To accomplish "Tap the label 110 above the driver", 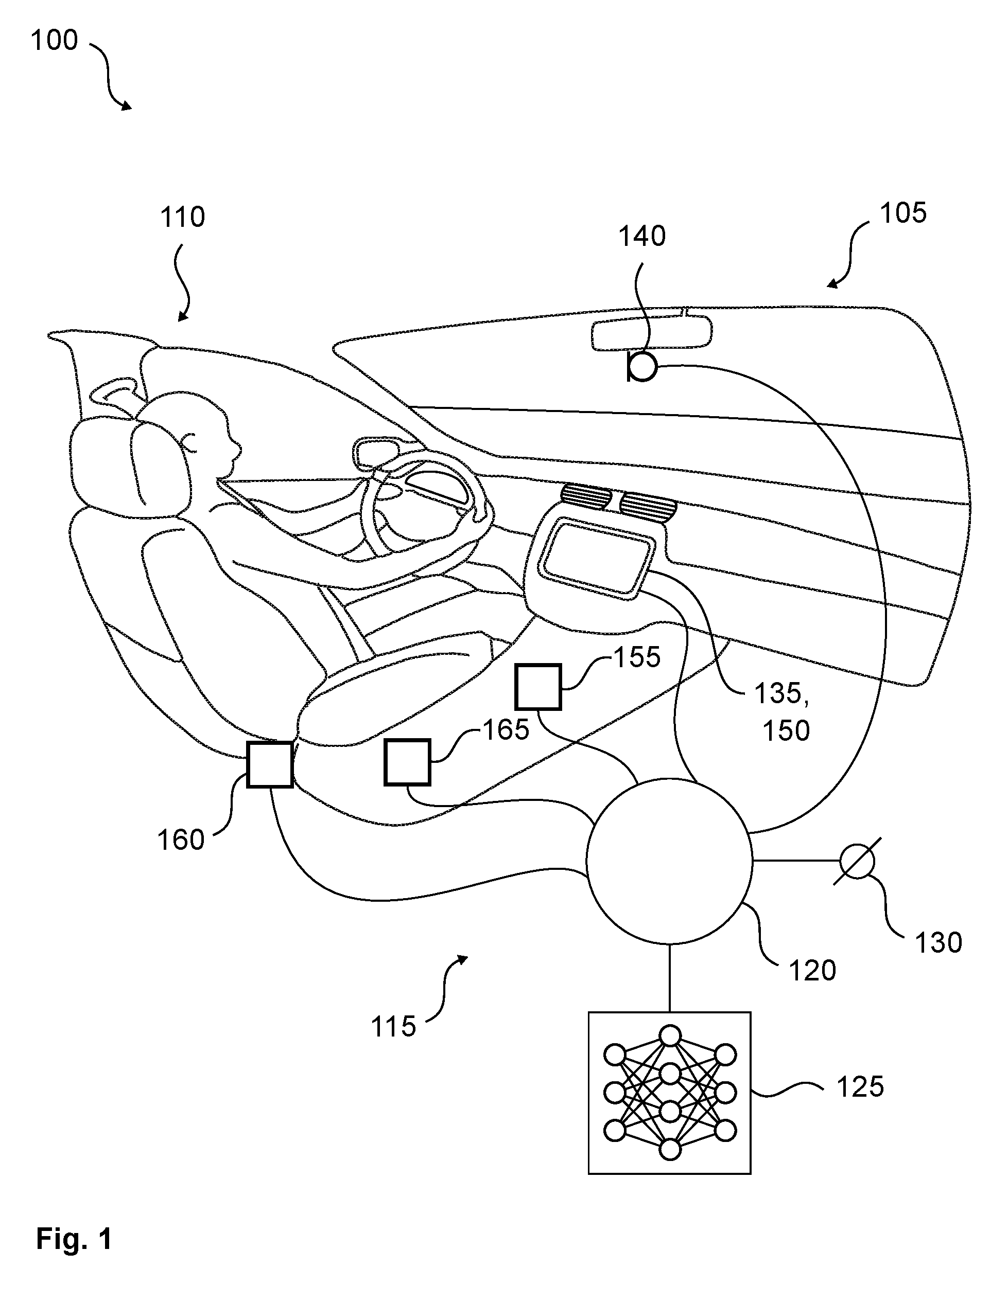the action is (x=182, y=217).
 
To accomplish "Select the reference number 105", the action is (x=903, y=212).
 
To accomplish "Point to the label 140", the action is (x=642, y=237).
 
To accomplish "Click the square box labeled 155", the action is (x=538, y=687).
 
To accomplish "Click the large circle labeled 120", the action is (x=669, y=861).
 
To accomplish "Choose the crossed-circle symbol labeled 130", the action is (x=857, y=861).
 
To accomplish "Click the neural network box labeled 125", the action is (x=669, y=1093).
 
